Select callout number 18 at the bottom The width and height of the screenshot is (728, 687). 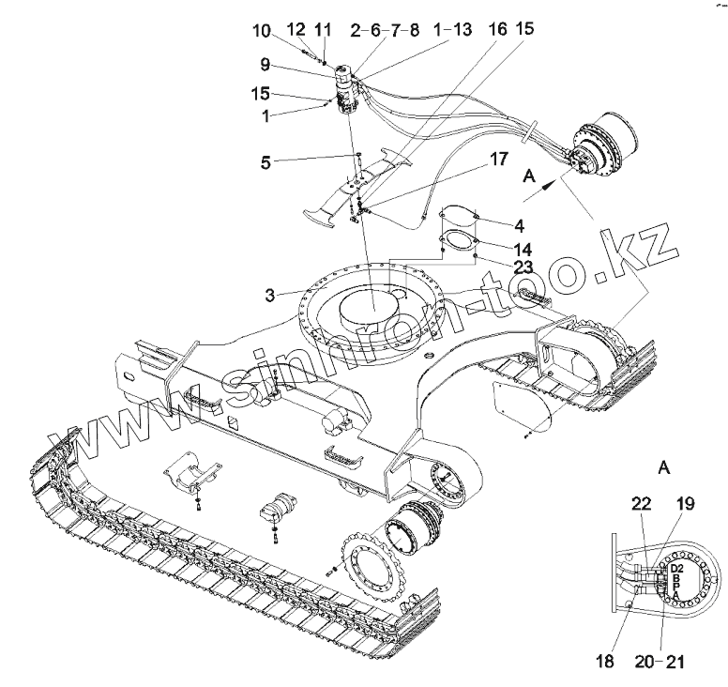click(x=605, y=662)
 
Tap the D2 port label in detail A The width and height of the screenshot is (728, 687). click(x=678, y=570)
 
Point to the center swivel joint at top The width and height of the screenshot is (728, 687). click(x=344, y=88)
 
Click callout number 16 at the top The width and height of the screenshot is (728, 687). click(x=497, y=31)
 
